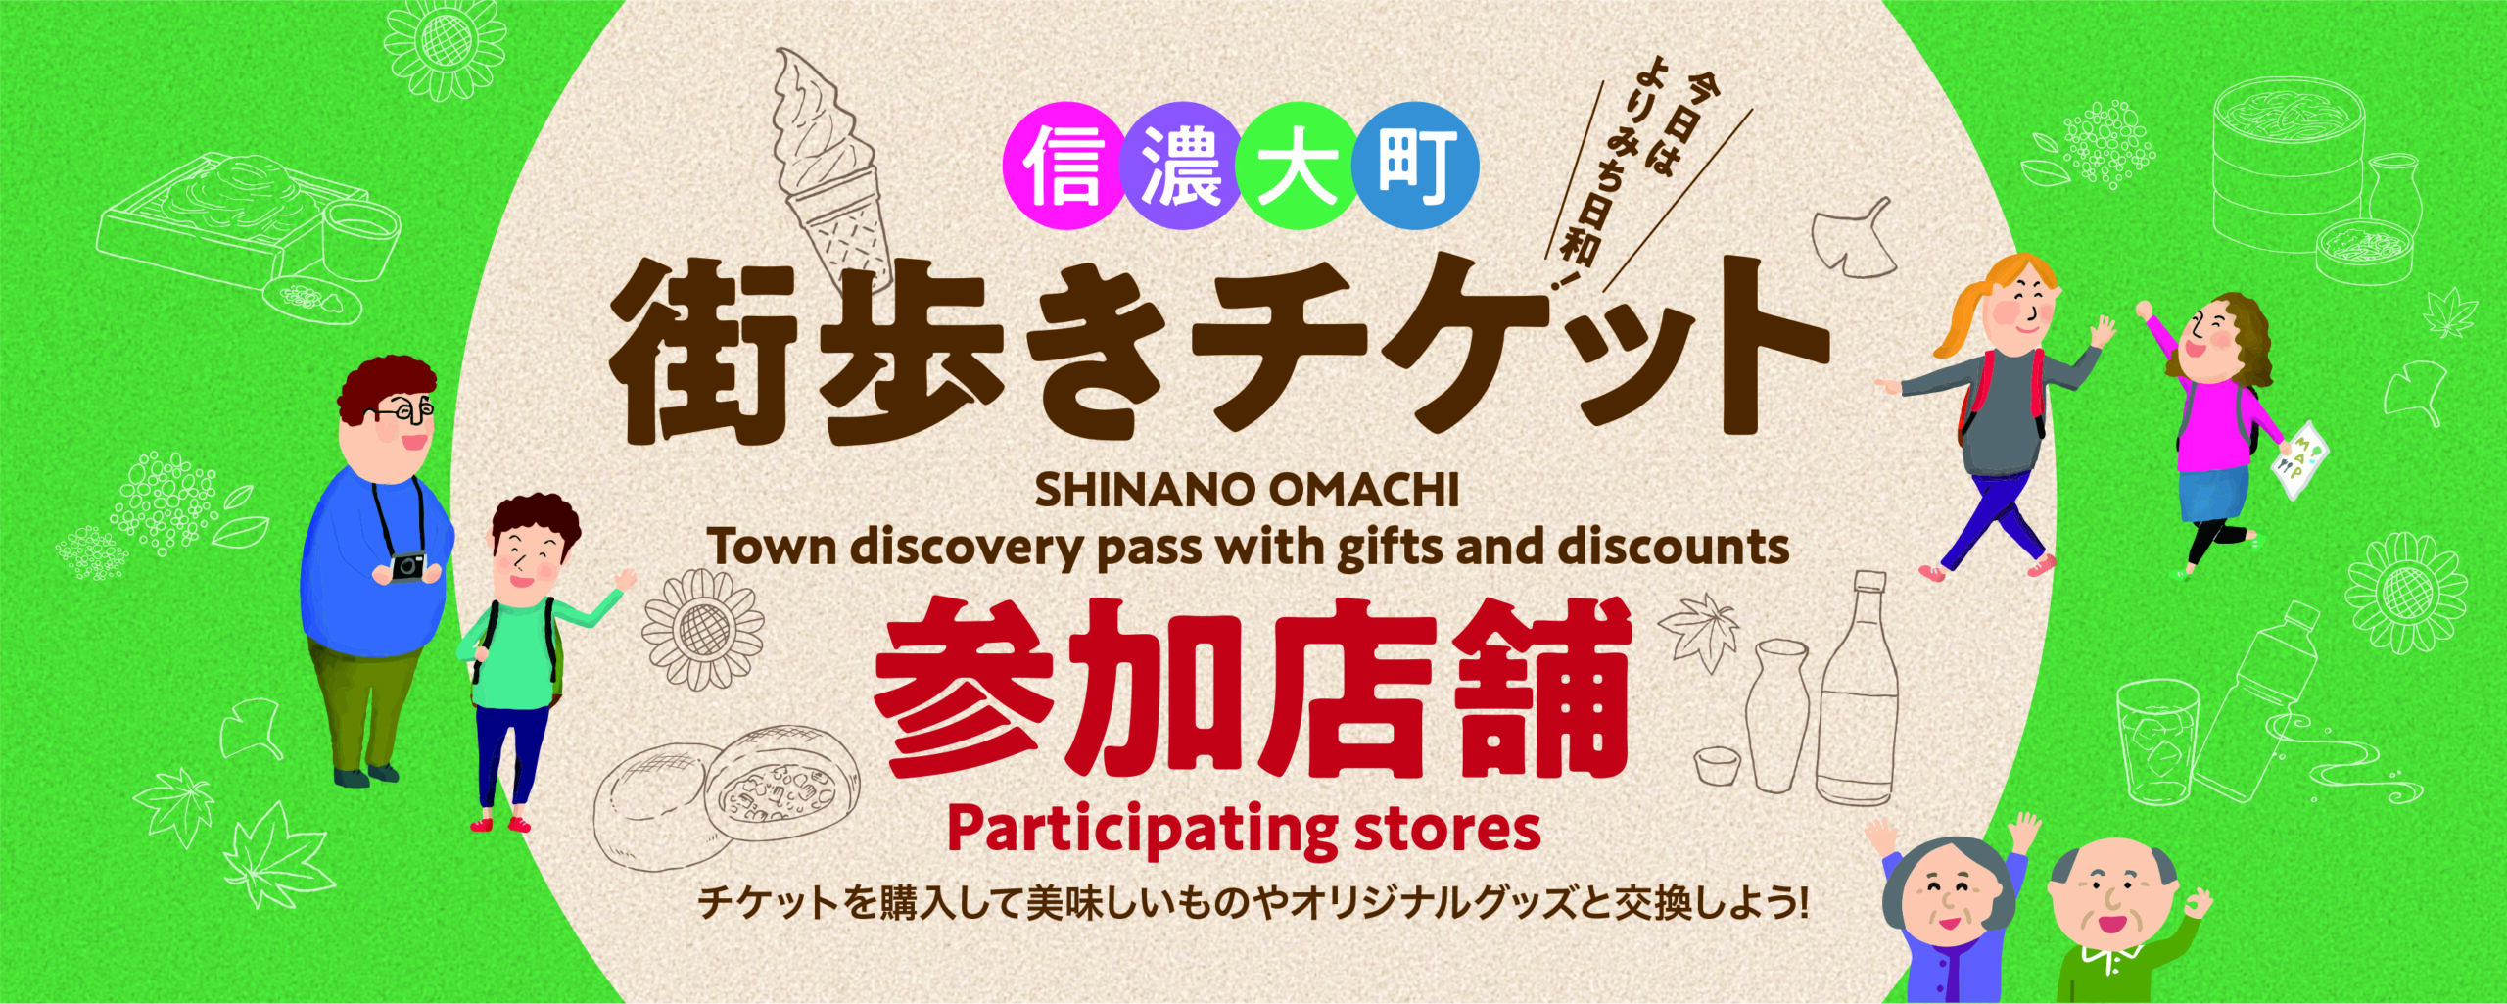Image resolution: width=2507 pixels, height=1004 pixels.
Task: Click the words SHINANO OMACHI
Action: click(x=1247, y=491)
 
